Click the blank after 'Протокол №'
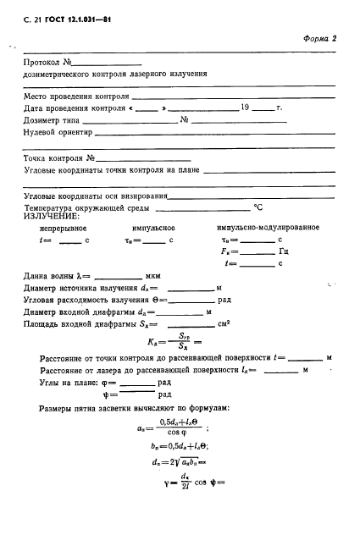tap(109, 63)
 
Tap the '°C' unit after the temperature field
tap(258, 207)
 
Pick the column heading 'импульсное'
tap(153, 229)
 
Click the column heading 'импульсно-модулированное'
tap(268, 229)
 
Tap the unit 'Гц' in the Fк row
tap(284, 251)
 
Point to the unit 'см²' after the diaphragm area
tap(224, 323)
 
